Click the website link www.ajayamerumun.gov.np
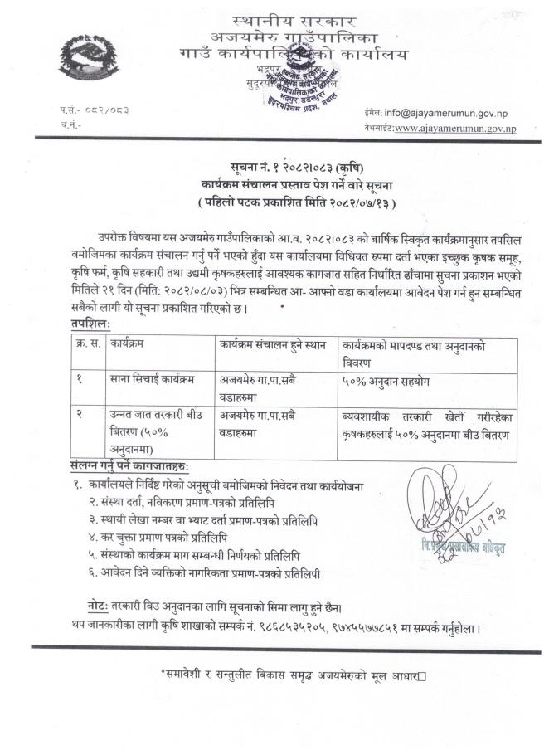pos(455,129)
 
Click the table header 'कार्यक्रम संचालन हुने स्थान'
pos(273,341)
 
